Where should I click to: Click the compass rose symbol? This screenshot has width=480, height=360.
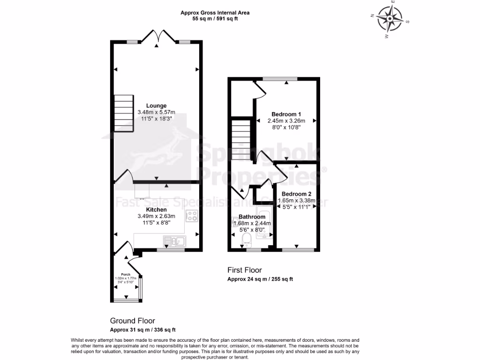pos(390,19)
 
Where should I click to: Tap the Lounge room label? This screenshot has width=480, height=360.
pos(156,105)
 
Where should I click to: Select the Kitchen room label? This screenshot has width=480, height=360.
pos(156,209)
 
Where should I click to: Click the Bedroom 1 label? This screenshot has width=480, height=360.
pos(286,114)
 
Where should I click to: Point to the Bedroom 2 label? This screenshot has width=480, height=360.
pos(294,194)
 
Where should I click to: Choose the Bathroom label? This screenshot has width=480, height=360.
pos(252,217)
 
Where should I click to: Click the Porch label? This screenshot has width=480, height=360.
pos(125,274)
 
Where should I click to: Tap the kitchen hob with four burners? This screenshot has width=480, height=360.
pos(192,216)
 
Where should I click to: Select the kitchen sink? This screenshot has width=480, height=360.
pos(174,241)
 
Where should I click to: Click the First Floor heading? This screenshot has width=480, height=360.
pos(244,270)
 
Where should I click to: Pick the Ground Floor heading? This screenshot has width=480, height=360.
pos(132,321)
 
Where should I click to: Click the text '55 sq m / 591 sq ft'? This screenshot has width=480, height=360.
pos(215,19)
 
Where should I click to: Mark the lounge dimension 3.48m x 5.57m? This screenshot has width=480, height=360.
pos(156,112)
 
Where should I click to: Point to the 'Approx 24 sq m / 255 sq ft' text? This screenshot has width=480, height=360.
pos(260,279)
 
